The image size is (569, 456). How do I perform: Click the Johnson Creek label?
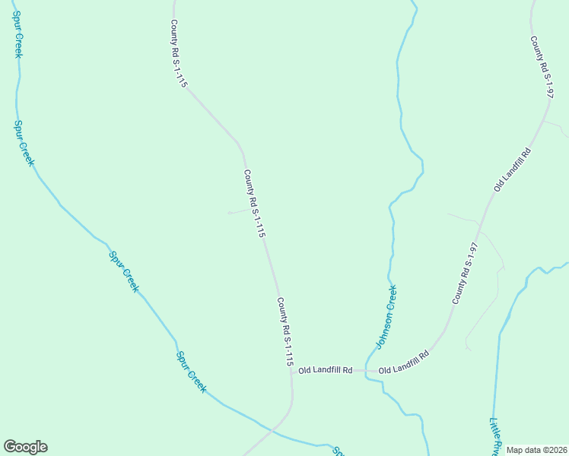pos(386,316)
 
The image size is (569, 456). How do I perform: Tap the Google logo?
pos(25,447)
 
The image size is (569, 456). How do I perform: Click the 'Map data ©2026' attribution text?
pos(537,450)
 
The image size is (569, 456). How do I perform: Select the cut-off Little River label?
pos(495,436)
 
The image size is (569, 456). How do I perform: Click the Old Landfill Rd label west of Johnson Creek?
pos(325,370)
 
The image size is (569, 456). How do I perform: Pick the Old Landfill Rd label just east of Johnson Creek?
pos(403,363)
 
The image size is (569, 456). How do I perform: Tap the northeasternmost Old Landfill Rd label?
pos(511,169)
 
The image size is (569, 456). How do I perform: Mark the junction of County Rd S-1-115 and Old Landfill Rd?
pos(292,372)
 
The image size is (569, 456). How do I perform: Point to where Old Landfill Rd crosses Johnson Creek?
pos(366,372)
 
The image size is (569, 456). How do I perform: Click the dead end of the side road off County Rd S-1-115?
pos(229,213)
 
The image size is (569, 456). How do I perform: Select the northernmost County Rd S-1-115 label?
pos(178,54)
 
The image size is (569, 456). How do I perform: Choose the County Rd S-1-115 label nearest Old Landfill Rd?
pos(284,332)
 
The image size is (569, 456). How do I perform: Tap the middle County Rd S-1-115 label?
pos(254,204)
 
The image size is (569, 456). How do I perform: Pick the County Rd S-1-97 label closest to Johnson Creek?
pos(465,274)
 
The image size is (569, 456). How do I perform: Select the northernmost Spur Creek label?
pos(17,36)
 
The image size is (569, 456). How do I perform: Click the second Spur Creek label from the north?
pos(24,143)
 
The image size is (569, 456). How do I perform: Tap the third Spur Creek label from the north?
pos(123,271)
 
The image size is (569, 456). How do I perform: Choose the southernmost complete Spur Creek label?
pos(191,371)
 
